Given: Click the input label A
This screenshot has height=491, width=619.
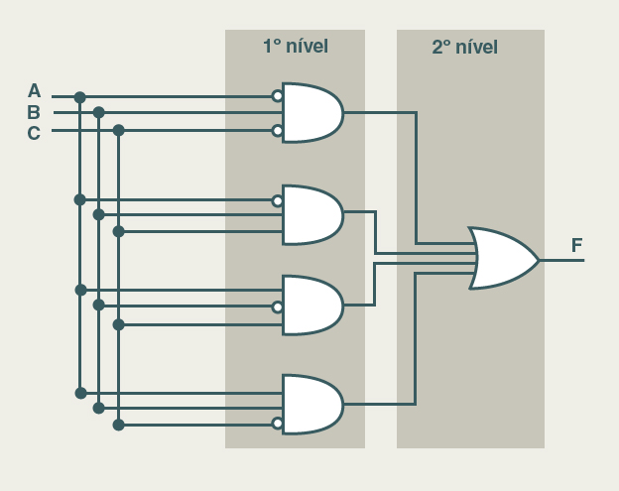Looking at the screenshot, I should coord(34,91).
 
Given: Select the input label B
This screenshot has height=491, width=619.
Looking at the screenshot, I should coord(34,112).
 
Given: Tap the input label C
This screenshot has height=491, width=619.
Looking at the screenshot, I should coord(34,133).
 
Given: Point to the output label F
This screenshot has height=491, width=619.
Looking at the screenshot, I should coord(576,246).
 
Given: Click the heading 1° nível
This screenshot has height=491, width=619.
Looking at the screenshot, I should coord(295,46).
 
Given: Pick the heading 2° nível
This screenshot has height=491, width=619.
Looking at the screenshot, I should coord(464,47).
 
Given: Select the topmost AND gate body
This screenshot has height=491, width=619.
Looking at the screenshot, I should coord(311,113).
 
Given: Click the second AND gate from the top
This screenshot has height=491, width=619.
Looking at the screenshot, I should coord(311,214).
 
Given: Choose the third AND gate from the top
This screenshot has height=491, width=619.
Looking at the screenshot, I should coord(311,306).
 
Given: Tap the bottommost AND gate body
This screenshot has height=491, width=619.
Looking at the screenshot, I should coord(311,404).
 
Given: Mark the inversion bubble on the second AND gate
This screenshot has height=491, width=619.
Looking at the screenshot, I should coord(278,200).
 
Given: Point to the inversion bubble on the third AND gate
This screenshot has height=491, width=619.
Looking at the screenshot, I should coord(278,307).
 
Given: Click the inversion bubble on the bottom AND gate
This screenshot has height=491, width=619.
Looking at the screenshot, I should coord(278,425).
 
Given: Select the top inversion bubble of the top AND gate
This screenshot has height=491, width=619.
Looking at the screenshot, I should coord(278,96).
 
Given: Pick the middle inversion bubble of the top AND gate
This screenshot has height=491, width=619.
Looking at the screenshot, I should coord(278,113).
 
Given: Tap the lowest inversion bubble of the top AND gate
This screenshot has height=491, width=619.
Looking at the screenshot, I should coord(278,130).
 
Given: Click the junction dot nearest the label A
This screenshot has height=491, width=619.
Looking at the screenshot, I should coord(79,97).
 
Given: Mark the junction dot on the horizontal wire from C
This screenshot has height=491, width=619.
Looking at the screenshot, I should coord(118,130).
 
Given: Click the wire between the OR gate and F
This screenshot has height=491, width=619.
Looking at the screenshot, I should coord(561,260).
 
